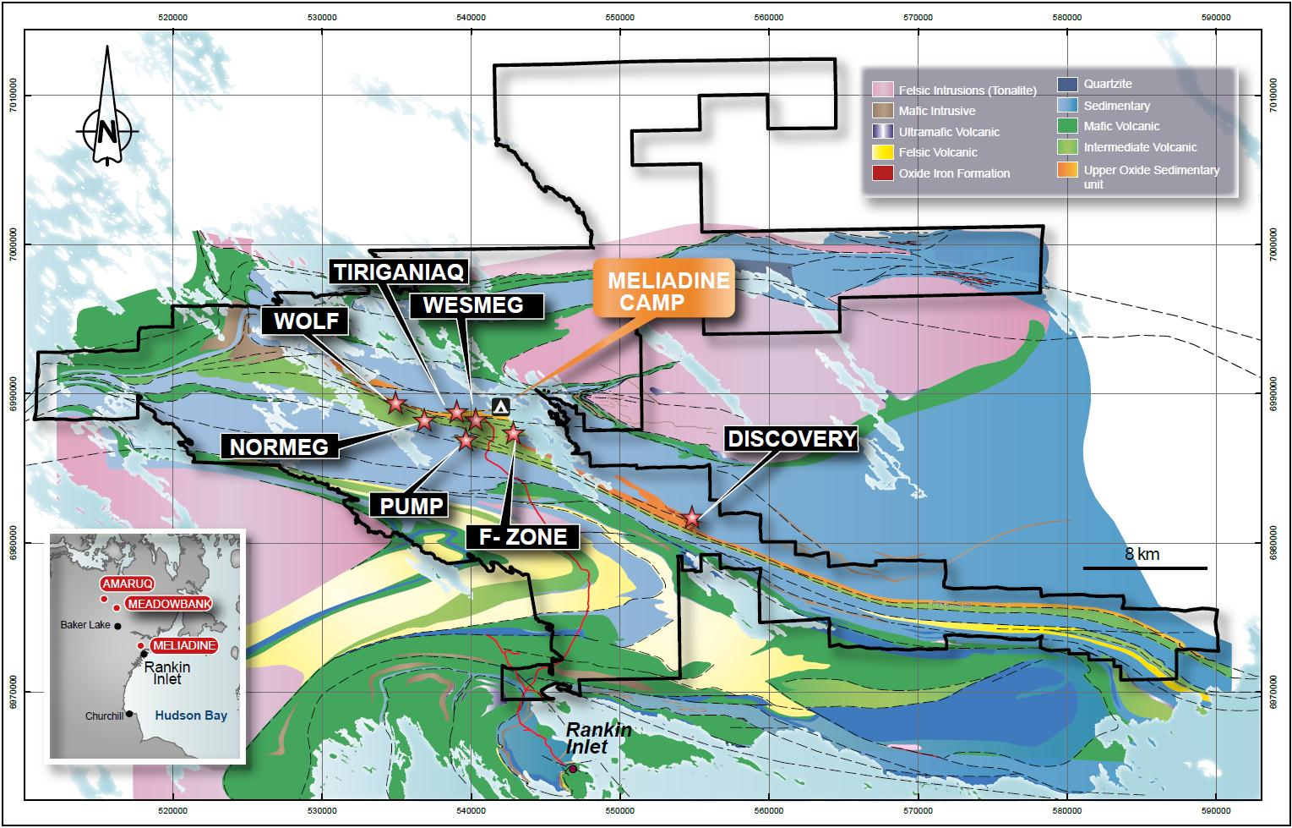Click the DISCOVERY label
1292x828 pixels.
click(x=792, y=438)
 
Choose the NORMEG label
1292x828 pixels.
click(x=280, y=446)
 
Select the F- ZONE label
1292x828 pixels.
click(x=524, y=536)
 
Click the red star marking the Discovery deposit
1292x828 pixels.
click(x=692, y=517)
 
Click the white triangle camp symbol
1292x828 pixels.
click(x=501, y=407)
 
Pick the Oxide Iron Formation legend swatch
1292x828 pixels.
click(x=883, y=173)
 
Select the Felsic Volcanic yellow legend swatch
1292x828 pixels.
click(x=883, y=152)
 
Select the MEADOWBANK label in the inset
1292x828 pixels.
click(x=167, y=603)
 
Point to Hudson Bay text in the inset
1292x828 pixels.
click(x=191, y=716)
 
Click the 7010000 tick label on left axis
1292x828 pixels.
click(x=14, y=96)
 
